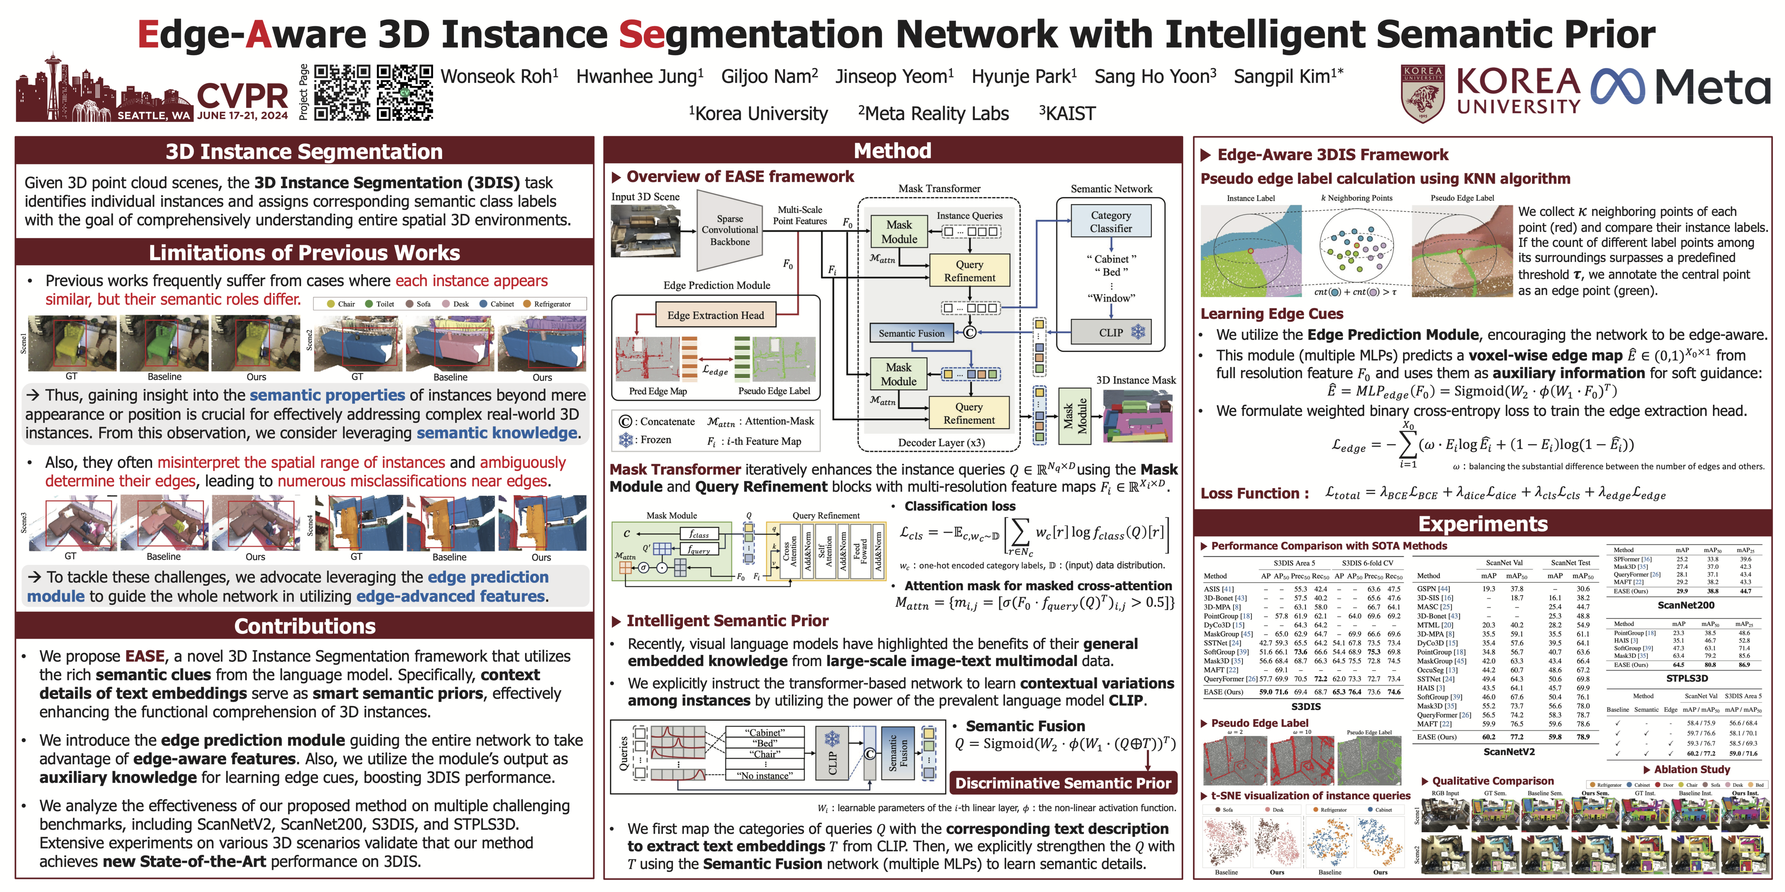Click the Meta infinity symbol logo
(1618, 88)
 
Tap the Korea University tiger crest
(1422, 93)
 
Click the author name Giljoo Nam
(769, 76)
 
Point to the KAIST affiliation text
(1067, 114)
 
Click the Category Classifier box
(1111, 222)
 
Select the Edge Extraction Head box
(716, 315)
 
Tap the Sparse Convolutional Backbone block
(730, 230)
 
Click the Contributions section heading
(305, 626)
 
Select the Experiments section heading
(1483, 524)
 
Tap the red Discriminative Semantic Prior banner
(1063, 783)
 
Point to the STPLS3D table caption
(1687, 679)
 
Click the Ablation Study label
(1692, 769)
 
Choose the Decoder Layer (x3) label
(941, 443)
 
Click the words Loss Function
(1254, 494)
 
